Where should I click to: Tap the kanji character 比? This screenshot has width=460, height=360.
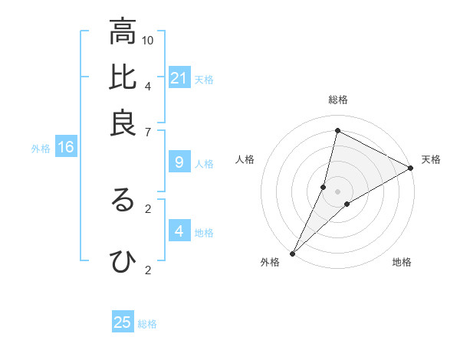123,77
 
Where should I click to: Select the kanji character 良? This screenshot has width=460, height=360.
123,123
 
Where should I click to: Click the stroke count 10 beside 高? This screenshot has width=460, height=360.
148,40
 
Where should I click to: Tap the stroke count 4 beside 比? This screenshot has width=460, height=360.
148,85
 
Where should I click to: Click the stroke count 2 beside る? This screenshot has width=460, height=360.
148,207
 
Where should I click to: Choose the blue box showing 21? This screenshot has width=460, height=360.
179,77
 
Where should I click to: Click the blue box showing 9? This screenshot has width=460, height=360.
179,162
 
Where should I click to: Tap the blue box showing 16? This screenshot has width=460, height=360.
65,148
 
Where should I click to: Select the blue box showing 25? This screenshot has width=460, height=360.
123,322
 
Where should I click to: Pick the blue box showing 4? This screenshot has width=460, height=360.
179,231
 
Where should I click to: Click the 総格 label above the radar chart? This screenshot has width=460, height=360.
337,100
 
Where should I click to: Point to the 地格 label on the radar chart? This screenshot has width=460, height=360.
402,262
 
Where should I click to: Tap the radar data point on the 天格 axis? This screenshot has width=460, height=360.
410,169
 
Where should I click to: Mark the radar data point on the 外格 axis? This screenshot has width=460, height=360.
292,254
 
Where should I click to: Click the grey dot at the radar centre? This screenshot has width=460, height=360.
337,191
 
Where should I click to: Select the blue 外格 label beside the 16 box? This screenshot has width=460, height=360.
41,149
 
